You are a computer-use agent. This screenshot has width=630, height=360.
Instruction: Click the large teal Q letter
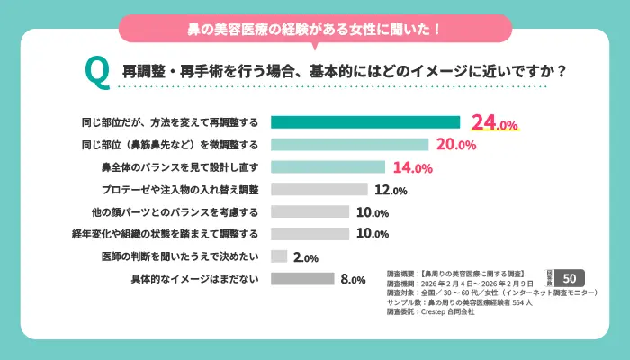tap(96, 70)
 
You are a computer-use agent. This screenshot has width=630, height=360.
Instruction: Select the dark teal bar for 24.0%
tap(365, 122)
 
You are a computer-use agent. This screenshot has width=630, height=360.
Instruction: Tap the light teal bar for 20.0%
tap(349, 144)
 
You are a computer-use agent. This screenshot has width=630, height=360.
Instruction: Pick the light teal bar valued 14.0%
tap(328, 166)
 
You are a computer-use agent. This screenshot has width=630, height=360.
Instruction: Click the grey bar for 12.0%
tap(319, 189)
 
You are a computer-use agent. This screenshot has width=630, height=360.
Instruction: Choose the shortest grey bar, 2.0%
tap(279, 256)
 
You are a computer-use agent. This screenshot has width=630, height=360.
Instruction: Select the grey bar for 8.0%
tap(302, 279)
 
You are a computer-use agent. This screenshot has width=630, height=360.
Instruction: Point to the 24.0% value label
tap(494, 123)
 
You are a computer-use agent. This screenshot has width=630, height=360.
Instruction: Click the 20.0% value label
tap(455, 145)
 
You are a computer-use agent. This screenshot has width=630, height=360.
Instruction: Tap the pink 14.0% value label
tap(411, 167)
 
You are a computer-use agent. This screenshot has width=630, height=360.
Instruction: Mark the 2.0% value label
tap(306, 258)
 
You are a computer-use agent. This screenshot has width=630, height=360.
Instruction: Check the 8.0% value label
tap(353, 280)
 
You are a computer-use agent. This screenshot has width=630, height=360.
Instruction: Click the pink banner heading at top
tap(315, 29)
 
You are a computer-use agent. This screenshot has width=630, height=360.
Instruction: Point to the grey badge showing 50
tap(571, 276)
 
